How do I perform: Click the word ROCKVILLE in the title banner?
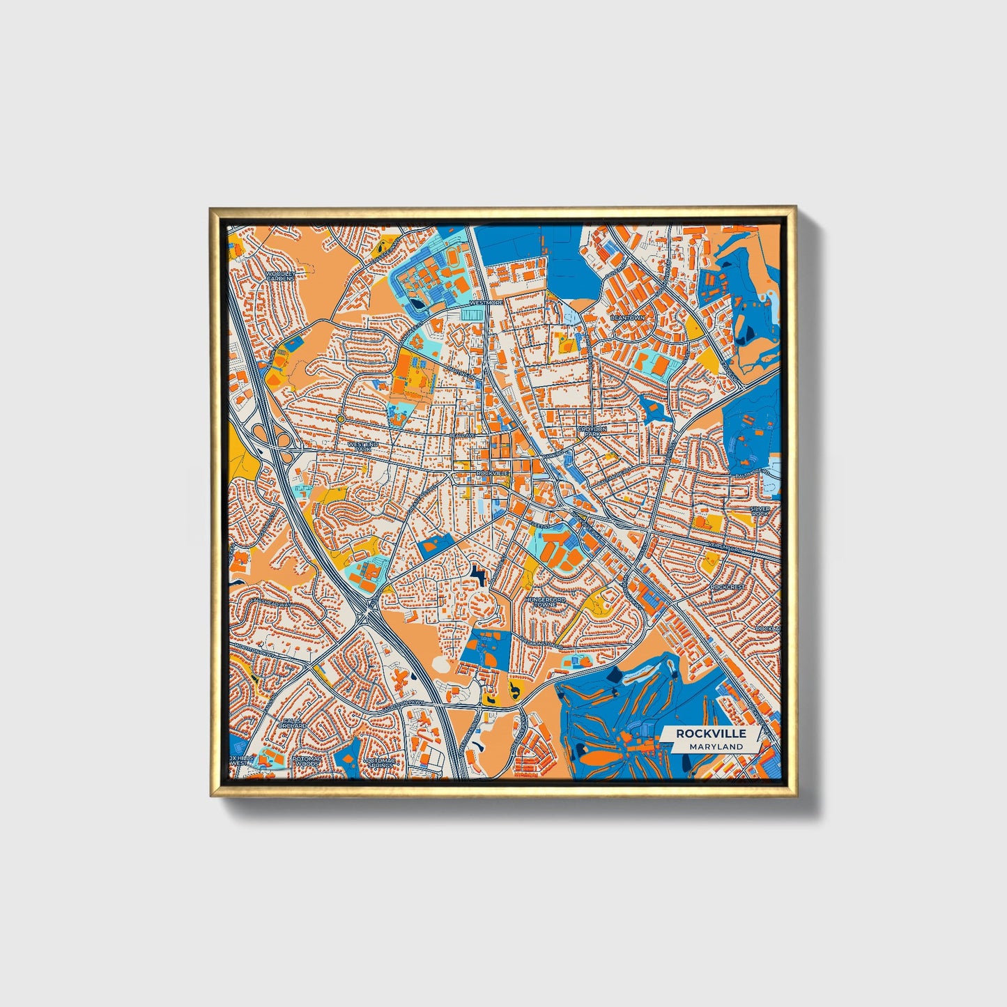click(710, 733)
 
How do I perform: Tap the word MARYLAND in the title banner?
click(716, 746)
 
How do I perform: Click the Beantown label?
click(627, 317)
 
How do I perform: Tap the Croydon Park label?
click(592, 431)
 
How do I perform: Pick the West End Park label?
click(362, 446)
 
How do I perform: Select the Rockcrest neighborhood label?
click(728, 587)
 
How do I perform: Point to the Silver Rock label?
click(760, 512)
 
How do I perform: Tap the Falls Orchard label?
click(291, 723)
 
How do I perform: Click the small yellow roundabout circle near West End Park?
click(339, 419)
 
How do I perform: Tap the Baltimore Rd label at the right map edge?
click(751, 474)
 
